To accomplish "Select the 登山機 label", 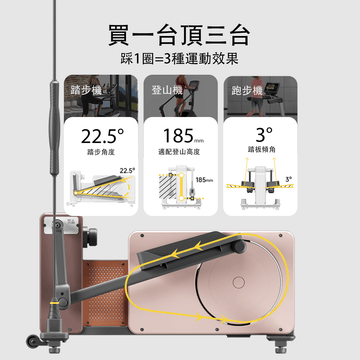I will pyautogui.click(x=168, y=89).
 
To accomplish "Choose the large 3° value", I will pyautogui.click(x=264, y=135).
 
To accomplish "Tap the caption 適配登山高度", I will pyautogui.click(x=181, y=156).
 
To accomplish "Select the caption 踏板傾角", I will pyautogui.click(x=264, y=156).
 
